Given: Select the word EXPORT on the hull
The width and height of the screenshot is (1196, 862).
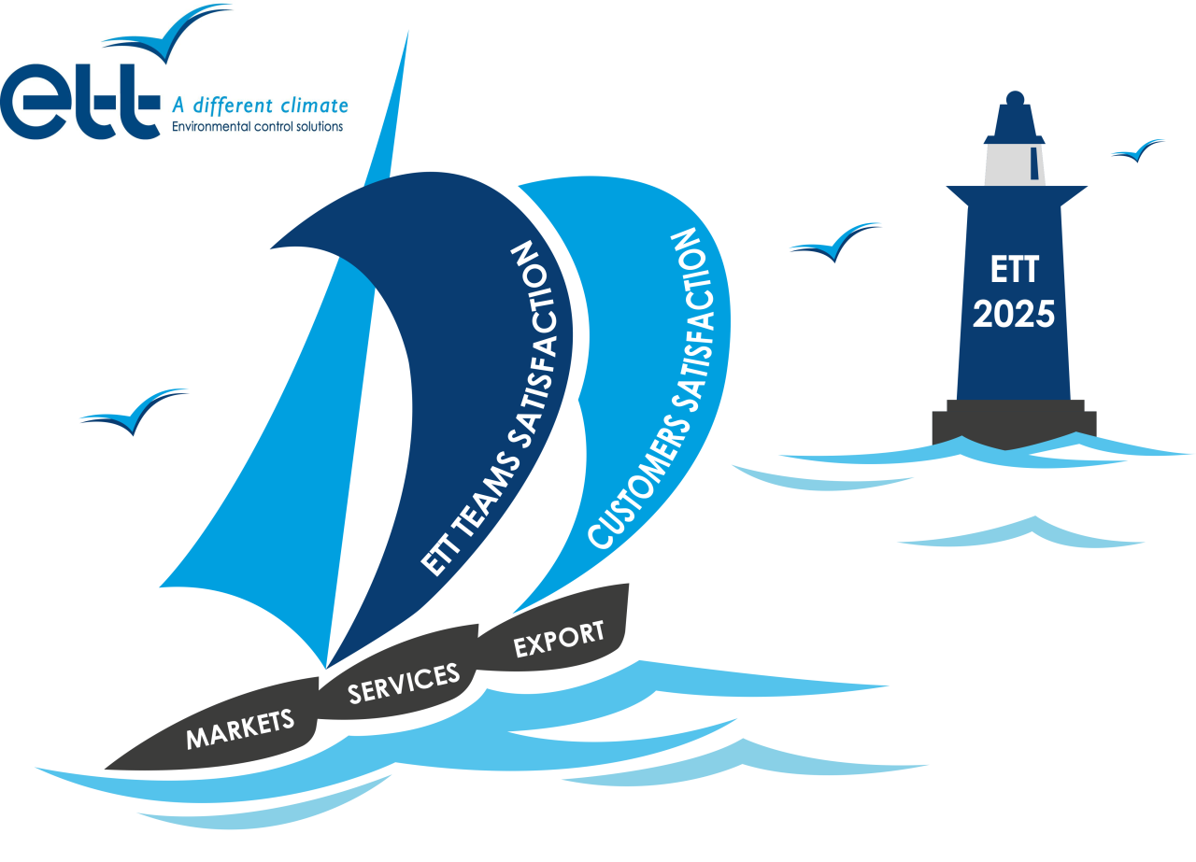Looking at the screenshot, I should (559, 640).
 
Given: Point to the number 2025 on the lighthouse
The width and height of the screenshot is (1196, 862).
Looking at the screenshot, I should (1014, 315).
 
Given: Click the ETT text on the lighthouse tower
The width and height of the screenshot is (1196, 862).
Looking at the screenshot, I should (1014, 271).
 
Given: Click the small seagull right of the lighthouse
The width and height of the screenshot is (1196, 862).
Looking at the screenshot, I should (1138, 150).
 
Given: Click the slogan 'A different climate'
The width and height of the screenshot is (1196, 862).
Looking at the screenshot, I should (259, 106).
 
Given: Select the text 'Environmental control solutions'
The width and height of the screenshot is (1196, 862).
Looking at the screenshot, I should (258, 126).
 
